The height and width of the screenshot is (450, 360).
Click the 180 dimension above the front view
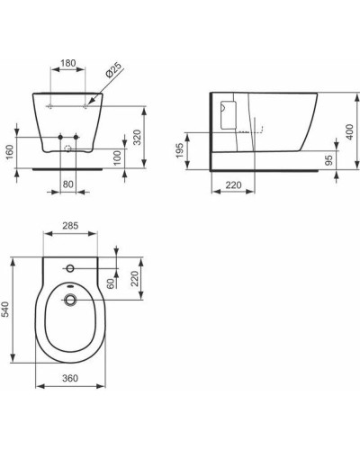pyautogui.click(x=67, y=65)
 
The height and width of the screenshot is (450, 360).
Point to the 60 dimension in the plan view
pyautogui.click(x=111, y=284)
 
